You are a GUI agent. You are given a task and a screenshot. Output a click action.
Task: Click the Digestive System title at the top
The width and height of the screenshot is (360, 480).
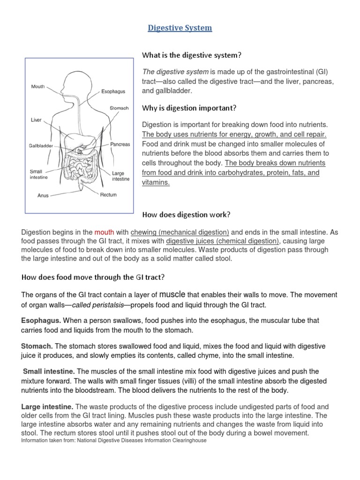click(180, 28)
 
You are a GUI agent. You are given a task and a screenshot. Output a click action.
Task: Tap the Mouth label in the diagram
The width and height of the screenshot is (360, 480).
click(38, 87)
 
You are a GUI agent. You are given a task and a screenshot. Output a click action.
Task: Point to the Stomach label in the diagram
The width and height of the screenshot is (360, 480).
click(119, 108)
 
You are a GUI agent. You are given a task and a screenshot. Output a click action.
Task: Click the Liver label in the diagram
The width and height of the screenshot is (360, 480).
click(37, 120)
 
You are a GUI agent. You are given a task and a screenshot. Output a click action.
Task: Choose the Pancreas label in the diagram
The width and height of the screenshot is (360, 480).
click(120, 144)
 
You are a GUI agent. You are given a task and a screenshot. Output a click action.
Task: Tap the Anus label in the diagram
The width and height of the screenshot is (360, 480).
click(43, 195)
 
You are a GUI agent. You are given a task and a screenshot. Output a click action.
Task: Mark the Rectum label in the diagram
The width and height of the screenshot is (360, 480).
click(108, 195)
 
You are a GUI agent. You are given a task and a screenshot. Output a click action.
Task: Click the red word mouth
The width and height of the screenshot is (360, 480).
click(104, 232)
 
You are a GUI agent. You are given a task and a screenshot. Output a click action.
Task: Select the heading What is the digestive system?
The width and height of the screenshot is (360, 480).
click(192, 55)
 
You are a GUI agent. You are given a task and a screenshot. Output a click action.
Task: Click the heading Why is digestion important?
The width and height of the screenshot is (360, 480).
click(189, 108)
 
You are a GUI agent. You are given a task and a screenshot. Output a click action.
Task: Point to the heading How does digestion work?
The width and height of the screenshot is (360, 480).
click(187, 215)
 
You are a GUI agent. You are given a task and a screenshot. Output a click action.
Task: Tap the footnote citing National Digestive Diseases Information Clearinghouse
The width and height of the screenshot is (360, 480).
click(114, 441)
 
